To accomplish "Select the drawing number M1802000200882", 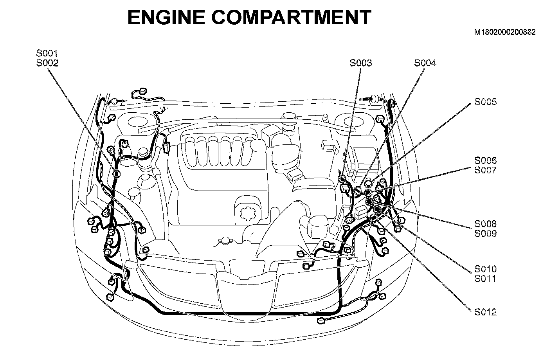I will pos(504,32).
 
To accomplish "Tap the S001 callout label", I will pos(47,53).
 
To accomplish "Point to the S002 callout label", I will pos(47,63).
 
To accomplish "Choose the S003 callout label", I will pos(360,63).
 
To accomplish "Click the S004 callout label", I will pos(425,63).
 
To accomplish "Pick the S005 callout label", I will pos(485,102).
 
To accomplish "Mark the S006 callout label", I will pos(485,160).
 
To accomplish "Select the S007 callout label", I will pos(485,170).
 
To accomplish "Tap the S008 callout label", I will pos(485,224).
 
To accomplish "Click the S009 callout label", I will pos(485,234).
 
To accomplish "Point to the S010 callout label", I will pos(485,269).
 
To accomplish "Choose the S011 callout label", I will pos(485,279).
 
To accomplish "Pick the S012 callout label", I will pos(485,312).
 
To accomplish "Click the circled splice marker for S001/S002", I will pos(117,174).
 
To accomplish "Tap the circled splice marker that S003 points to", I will pos(342,179).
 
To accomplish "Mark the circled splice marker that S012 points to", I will pos(373,218).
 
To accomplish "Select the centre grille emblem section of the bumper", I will pos(247,290).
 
